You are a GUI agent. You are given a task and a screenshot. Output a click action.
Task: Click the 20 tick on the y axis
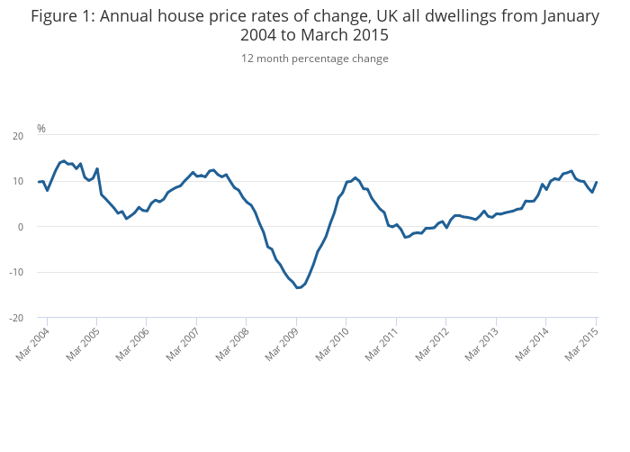[x=18, y=136]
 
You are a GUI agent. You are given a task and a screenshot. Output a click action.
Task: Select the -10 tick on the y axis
[x=16, y=272]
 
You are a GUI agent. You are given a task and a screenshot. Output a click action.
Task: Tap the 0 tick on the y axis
[x=21, y=227]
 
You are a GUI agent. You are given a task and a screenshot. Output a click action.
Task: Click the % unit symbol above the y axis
[x=40, y=129]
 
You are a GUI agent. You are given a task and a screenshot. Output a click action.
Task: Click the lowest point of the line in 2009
[x=298, y=287]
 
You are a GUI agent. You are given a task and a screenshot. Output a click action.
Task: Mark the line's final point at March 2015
[x=597, y=183]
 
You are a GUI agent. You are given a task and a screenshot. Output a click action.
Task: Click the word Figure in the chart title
[x=57, y=16]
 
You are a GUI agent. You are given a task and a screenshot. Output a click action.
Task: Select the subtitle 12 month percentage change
[x=315, y=59]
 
